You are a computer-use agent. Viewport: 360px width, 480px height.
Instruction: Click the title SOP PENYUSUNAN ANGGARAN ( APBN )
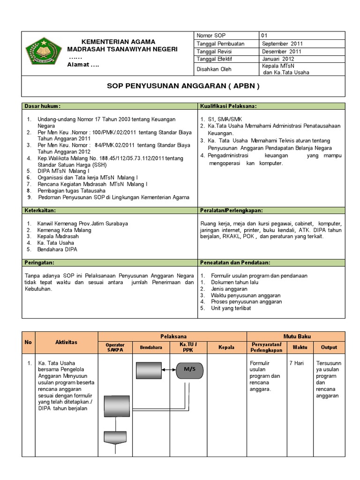(183, 87)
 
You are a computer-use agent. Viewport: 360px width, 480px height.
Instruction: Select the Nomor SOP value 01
(264, 36)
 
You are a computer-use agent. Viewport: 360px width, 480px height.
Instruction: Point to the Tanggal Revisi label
(215, 52)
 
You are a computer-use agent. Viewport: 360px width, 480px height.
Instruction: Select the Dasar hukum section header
(43, 106)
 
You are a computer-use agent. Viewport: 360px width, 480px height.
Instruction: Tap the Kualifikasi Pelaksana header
(228, 106)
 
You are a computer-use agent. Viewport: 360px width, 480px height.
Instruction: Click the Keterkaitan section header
(41, 210)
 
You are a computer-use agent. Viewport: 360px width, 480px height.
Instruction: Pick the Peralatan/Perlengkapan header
(232, 210)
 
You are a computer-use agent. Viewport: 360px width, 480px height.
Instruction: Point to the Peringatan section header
(40, 263)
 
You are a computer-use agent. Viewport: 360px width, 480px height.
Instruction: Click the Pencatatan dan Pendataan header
(235, 263)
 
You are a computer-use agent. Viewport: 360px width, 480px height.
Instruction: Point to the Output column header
(329, 347)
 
